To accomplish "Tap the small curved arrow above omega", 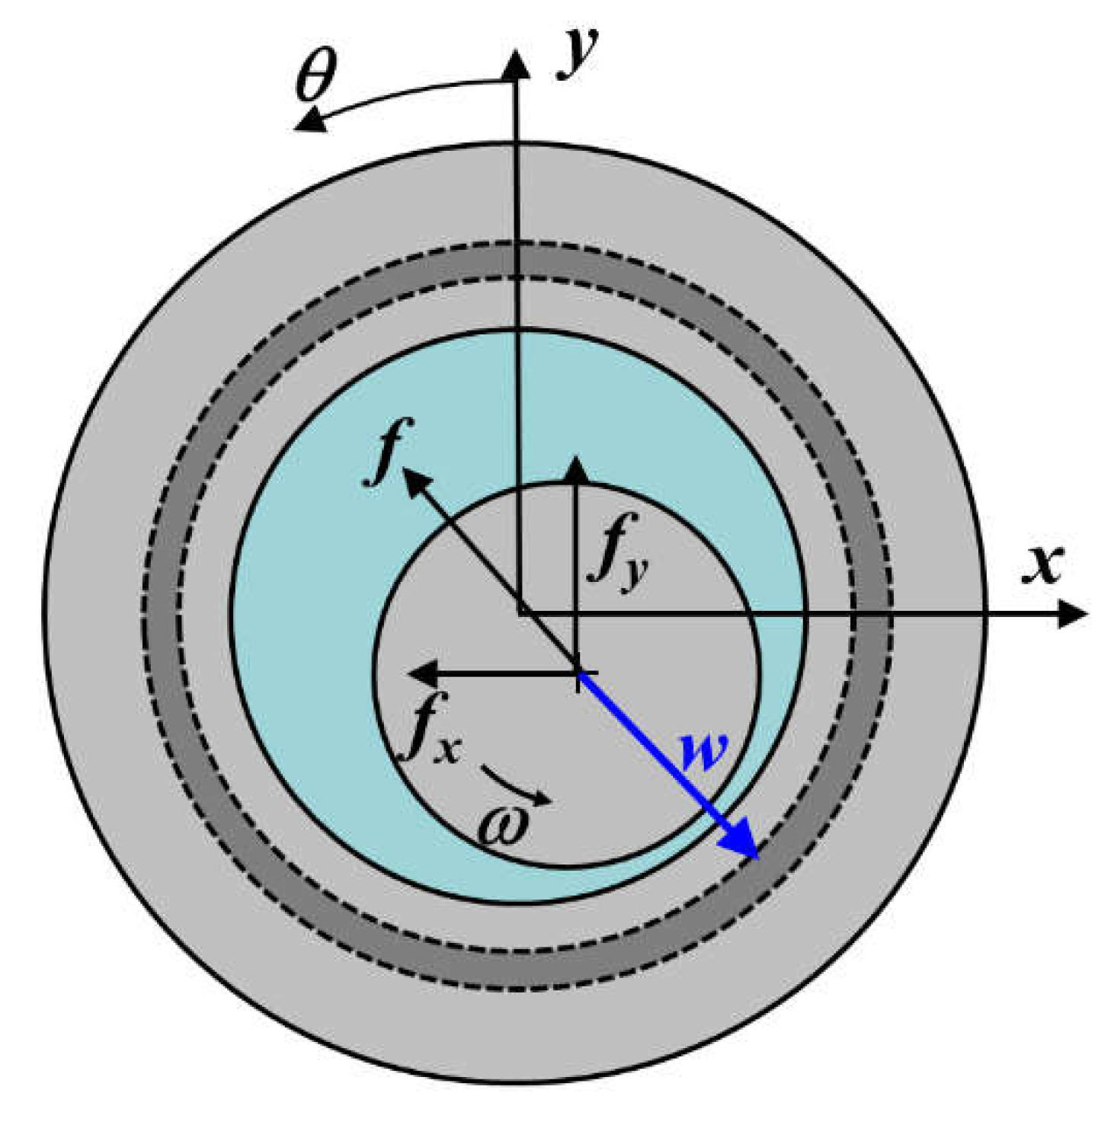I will pos(517,785).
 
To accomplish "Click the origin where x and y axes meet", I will pos(519,613).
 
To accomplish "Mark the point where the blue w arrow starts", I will pos(579,673).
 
